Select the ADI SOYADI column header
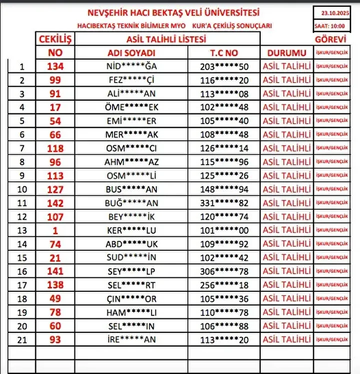131,53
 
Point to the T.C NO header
223,53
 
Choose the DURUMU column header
286,53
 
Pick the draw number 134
55,66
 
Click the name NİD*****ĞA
131,66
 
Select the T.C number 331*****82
223,203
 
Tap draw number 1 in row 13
55,231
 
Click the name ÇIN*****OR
131,299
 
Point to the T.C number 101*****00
223,231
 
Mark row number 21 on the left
21,340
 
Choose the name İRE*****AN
131,340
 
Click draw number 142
55,203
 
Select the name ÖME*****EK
131,107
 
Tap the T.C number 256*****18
223,285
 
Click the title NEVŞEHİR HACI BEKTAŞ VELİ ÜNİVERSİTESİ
173,13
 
